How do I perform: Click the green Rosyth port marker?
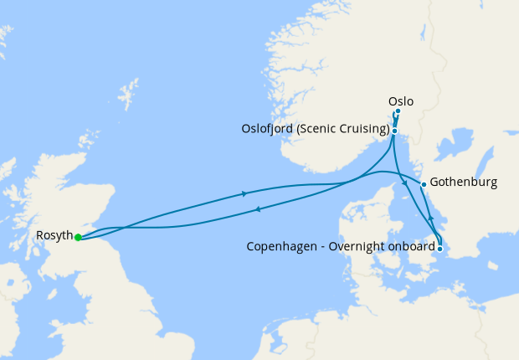coord(78,237)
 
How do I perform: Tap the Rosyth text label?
coord(54,236)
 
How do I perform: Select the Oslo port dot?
coord(398,111)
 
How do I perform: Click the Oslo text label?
coord(401,101)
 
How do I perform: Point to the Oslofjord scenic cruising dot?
coord(394,131)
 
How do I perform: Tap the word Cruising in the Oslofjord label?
coord(363,130)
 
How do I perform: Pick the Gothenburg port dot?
coord(424,184)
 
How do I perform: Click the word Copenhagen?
coord(282,247)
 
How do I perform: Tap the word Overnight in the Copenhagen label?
coord(361,247)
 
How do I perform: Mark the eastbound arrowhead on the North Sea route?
coord(244,194)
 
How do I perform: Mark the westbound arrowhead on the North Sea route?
coord(258,209)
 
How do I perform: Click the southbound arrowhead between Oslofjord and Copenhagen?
coord(405,184)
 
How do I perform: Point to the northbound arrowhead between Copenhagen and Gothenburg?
coord(431,218)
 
